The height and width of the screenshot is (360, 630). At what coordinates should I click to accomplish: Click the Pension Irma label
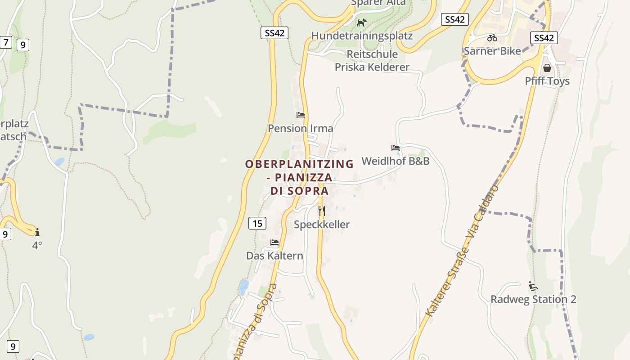click(301, 128)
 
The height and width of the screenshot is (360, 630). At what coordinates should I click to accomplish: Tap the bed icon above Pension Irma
click(301, 115)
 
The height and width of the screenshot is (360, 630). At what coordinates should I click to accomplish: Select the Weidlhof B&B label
click(395, 161)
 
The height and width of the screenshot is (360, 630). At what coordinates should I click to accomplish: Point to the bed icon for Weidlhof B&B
click(396, 148)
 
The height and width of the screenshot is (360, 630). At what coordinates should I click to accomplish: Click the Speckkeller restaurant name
click(321, 224)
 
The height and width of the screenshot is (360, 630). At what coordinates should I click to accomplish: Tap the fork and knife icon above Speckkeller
click(321, 211)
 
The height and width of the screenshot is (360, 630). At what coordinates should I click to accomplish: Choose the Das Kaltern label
click(274, 256)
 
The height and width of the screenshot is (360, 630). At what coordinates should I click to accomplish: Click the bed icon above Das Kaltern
click(274, 243)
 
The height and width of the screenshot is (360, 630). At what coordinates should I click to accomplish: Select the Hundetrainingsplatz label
click(362, 36)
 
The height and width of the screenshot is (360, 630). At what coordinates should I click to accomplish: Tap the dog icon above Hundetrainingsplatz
click(361, 22)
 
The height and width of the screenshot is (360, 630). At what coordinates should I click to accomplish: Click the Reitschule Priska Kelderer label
click(372, 61)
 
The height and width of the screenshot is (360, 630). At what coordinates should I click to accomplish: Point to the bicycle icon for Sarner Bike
click(492, 38)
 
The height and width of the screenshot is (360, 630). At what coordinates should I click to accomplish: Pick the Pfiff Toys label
click(547, 81)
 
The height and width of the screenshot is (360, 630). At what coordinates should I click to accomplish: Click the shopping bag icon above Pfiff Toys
click(547, 68)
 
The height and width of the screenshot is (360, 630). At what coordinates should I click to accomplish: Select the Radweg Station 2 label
click(533, 299)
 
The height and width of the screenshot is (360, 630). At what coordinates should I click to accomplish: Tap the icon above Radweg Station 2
click(533, 286)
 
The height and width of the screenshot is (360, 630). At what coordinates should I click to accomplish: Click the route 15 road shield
click(257, 223)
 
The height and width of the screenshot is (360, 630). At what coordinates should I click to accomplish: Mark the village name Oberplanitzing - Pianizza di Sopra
click(299, 177)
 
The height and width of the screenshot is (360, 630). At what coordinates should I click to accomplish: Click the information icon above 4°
click(37, 232)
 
